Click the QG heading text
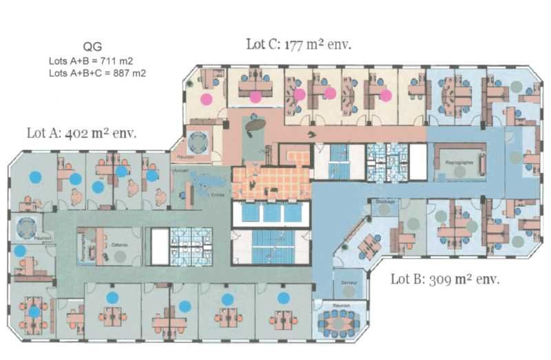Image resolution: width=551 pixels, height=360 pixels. pos(94,47)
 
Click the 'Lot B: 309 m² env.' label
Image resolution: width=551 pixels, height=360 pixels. pos(445,279)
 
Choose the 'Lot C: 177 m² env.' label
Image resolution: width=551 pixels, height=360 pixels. pos(298,45)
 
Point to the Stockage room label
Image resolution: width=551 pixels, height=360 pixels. pos(386,201)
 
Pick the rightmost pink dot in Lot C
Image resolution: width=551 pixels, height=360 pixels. pos(386,95)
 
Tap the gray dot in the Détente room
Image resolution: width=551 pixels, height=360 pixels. pos(121,255)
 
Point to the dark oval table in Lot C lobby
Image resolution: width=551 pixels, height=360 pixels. pos(256,125)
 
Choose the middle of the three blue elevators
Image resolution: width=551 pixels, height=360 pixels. pos(273,214)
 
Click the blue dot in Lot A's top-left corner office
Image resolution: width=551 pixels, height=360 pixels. pos(34,176)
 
